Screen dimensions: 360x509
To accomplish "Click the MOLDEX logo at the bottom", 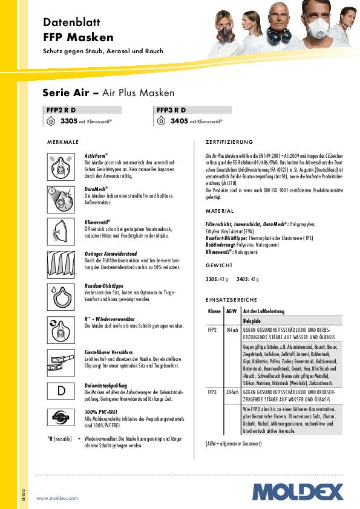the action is click(x=298, y=491).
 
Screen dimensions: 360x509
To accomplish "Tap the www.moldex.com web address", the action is click(x=57, y=498).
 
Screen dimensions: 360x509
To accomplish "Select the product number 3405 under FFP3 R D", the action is click(x=179, y=122).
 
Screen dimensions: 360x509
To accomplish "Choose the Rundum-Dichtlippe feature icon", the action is click(x=61, y=294).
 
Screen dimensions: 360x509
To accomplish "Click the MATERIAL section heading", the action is click(x=219, y=211).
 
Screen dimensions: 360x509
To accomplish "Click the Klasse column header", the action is click(x=214, y=311).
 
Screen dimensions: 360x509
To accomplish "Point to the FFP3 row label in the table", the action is click(x=212, y=392).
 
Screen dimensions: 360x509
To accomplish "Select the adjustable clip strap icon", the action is click(x=61, y=361).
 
